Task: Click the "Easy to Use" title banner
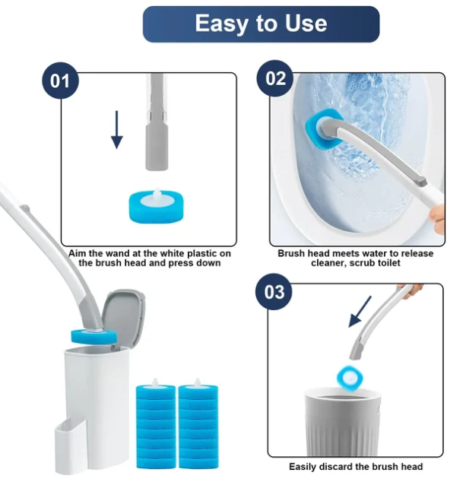[x=261, y=24]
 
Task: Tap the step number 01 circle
[x=60, y=81]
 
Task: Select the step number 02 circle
[x=275, y=78]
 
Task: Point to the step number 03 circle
[x=274, y=292]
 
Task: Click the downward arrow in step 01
[x=117, y=130]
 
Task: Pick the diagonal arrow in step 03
[x=360, y=312]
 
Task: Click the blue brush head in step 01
[x=156, y=205]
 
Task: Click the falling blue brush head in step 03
[x=350, y=377]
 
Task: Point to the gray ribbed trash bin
[x=343, y=422]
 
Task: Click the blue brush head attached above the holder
[x=93, y=336]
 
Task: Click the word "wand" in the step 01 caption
[x=117, y=254]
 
